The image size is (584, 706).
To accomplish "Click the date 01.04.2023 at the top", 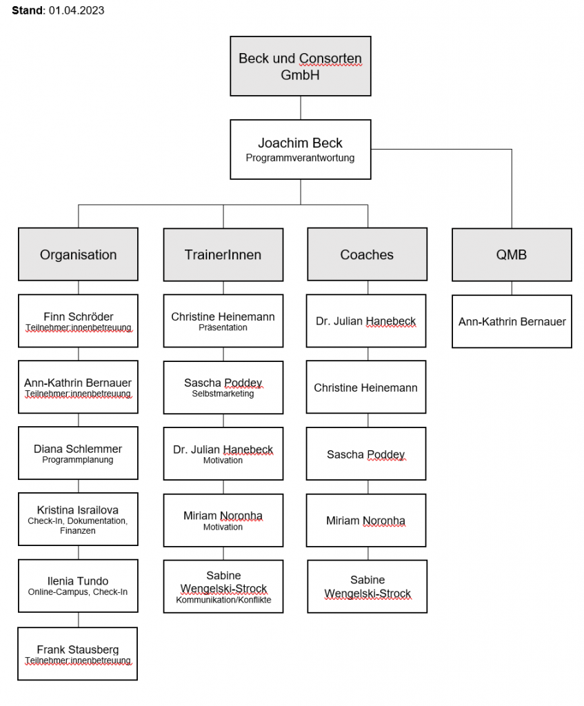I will click(x=77, y=11).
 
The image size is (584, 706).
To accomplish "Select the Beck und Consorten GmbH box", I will click(x=300, y=67).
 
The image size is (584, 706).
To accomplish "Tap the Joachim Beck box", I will click(x=300, y=149).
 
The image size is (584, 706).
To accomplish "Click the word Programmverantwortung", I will click(x=300, y=158).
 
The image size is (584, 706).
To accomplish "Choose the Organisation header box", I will click(x=78, y=254).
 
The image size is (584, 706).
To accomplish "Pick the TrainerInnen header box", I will click(x=223, y=254).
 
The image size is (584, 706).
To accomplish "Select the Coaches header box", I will click(x=367, y=254).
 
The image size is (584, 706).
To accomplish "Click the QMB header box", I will click(x=512, y=254).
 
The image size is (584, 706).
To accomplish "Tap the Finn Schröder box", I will click(x=78, y=321).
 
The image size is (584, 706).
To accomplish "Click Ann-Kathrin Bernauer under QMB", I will click(x=512, y=321).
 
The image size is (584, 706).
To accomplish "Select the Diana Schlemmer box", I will click(x=78, y=453).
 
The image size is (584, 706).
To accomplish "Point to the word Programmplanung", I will click(x=78, y=460).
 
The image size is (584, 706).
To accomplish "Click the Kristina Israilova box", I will click(x=78, y=519).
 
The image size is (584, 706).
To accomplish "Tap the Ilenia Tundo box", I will click(x=78, y=585).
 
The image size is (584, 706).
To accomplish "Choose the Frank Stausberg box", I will click(x=78, y=653).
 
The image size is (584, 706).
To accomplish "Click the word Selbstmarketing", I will click(x=223, y=394).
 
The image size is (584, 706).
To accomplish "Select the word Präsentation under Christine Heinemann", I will click(x=223, y=327).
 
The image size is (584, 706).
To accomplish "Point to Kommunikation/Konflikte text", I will click(x=223, y=600).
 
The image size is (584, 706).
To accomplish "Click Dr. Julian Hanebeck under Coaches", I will click(x=366, y=321).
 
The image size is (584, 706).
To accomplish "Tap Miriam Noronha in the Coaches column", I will click(x=366, y=521).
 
